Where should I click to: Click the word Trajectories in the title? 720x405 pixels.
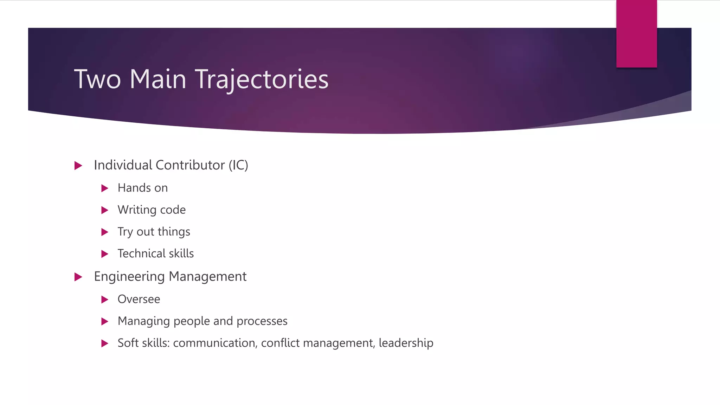point(262,79)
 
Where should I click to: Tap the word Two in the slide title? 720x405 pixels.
point(97,79)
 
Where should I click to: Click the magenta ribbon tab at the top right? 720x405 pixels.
point(636,34)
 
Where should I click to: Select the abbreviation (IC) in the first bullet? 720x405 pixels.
point(238,165)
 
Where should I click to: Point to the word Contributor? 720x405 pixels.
point(190,165)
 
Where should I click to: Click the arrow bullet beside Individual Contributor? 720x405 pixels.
point(78,166)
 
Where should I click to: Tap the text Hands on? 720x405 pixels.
point(143,188)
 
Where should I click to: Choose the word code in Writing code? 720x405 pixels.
point(173,210)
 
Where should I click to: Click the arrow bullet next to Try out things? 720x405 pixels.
point(105,232)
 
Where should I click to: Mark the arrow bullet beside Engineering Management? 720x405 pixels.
point(78,277)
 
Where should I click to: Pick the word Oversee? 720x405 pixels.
point(139,299)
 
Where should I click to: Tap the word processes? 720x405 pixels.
point(262,321)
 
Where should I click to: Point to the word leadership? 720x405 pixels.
point(406,343)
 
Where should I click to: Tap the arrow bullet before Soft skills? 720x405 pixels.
point(105,343)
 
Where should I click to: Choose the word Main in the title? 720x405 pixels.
point(158,79)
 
